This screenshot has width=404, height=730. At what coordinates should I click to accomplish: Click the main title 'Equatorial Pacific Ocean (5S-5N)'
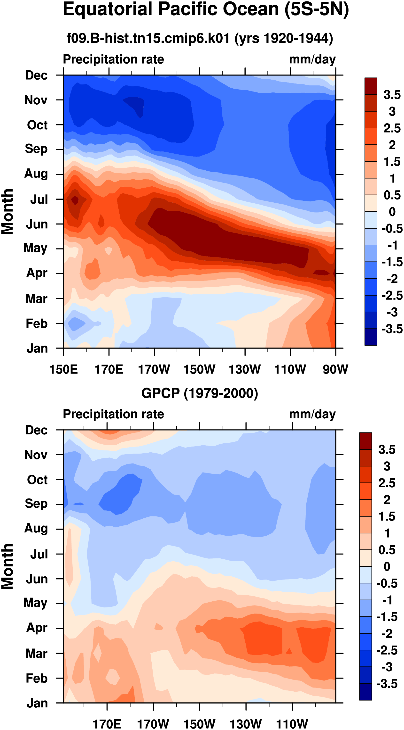[206, 10]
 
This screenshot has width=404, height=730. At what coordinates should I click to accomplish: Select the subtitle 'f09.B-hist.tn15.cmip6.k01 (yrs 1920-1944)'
[200, 38]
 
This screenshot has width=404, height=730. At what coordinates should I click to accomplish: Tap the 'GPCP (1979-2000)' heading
[200, 394]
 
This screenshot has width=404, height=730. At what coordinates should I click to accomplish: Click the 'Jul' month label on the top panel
[39, 199]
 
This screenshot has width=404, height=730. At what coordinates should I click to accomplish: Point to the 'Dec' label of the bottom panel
[36, 430]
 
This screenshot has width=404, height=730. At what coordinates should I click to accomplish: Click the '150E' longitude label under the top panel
[63, 370]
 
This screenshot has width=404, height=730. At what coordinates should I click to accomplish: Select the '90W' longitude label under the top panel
[335, 370]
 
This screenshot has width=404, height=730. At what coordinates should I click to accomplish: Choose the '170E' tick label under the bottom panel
[107, 724]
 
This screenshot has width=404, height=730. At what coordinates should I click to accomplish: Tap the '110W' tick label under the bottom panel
[292, 724]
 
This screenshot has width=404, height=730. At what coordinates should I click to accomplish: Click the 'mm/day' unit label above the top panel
[312, 59]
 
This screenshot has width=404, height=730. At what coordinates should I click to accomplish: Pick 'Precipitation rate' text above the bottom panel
[113, 414]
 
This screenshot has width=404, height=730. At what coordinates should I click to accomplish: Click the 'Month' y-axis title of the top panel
[7, 212]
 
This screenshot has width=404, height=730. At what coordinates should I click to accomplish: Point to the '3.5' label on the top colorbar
[392, 95]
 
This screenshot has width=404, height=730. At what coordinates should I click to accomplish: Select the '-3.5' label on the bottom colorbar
[387, 684]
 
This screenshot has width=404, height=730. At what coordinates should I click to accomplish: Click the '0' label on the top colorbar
[392, 212]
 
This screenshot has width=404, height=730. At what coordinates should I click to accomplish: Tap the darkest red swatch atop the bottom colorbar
[365, 441]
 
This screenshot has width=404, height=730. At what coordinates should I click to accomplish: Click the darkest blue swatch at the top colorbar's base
[371, 337]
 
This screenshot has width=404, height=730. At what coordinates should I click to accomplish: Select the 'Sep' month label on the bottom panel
[36, 504]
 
